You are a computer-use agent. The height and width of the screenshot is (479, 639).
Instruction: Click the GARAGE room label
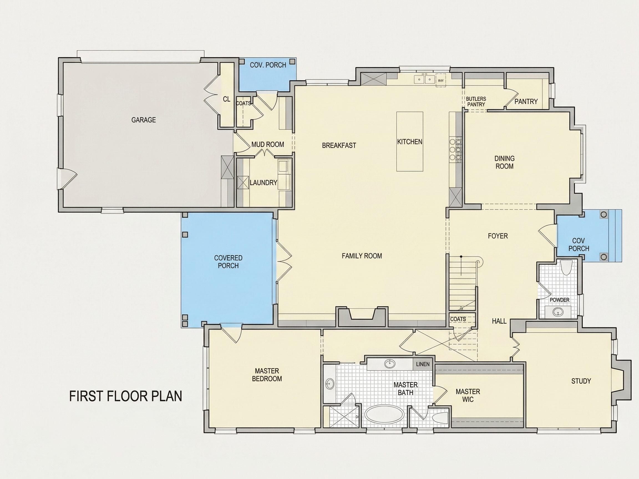[x=144, y=120]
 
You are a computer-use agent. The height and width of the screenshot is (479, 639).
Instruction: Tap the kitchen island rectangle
[x=410, y=141]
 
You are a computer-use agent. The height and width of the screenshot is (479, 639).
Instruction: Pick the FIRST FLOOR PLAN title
[x=126, y=396]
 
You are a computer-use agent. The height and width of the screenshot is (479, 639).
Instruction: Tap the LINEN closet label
[x=423, y=364]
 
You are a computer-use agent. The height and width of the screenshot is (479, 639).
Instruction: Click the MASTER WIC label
[x=468, y=396]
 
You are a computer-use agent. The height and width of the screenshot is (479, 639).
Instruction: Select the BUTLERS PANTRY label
[x=476, y=102]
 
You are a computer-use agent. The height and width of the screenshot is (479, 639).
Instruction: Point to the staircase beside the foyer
[x=462, y=283]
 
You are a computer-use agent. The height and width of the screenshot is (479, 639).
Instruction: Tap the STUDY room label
[x=581, y=381]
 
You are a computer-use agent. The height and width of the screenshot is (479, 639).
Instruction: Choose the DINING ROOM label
[x=504, y=162]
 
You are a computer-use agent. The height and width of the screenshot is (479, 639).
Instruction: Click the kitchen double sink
[x=424, y=79]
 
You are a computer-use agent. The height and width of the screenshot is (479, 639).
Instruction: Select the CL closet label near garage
[x=227, y=99]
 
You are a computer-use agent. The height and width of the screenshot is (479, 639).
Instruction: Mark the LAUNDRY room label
[x=263, y=182]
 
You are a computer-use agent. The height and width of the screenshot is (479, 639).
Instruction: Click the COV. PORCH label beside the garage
[x=268, y=65]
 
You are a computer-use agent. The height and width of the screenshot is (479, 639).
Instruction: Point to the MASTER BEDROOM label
[x=267, y=375]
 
